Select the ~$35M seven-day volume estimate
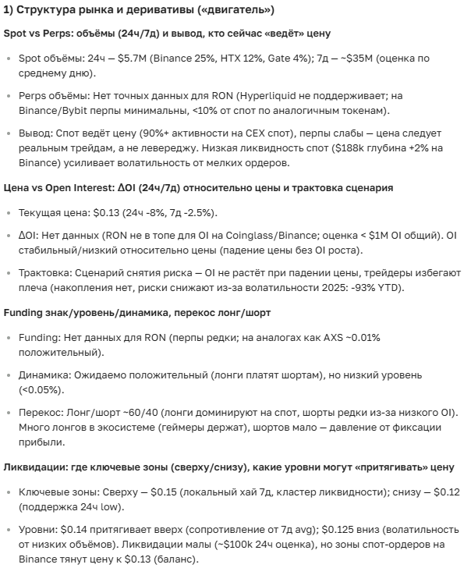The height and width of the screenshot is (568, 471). pyautogui.click(x=394, y=59)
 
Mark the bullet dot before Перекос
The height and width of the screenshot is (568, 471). pyautogui.click(x=9, y=413)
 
